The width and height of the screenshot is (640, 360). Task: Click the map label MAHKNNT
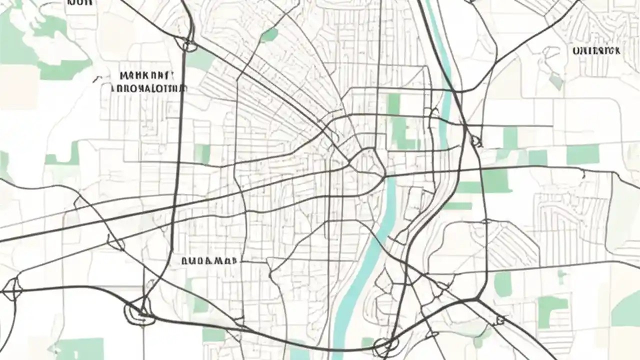click(147, 76)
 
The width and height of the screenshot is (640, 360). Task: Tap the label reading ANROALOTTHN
click(149, 88)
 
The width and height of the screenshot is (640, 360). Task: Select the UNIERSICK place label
click(596, 50)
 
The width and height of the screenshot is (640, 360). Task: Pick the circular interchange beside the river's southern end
click(384, 345)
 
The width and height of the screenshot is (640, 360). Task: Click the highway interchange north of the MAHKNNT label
click(189, 45)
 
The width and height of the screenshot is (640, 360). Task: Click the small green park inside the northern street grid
click(270, 34)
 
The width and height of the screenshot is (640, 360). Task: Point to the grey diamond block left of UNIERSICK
click(555, 79)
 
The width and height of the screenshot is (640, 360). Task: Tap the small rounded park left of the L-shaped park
click(503, 283)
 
